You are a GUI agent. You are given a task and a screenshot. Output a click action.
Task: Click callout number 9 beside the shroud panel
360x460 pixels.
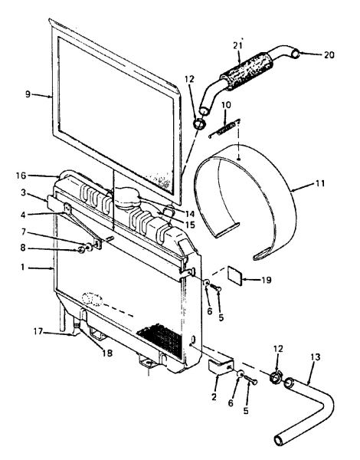click(28, 94)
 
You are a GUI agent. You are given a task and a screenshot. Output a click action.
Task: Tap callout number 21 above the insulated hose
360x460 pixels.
click(237, 46)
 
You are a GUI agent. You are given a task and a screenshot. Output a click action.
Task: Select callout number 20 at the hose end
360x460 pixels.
click(329, 55)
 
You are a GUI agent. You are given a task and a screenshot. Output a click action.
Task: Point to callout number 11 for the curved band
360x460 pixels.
click(320, 183)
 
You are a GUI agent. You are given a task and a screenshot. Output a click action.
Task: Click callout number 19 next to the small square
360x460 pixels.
click(267, 280)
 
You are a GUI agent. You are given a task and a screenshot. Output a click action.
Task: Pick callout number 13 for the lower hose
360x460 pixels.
click(316, 357)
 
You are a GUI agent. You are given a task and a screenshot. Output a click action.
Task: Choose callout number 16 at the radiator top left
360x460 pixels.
click(21, 176)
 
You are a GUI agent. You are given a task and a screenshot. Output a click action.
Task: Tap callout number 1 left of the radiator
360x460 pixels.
click(22, 268)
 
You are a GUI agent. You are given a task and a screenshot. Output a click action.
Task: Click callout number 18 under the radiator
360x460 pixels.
click(107, 353)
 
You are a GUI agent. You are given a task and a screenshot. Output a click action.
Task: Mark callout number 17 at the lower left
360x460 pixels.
click(38, 332)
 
